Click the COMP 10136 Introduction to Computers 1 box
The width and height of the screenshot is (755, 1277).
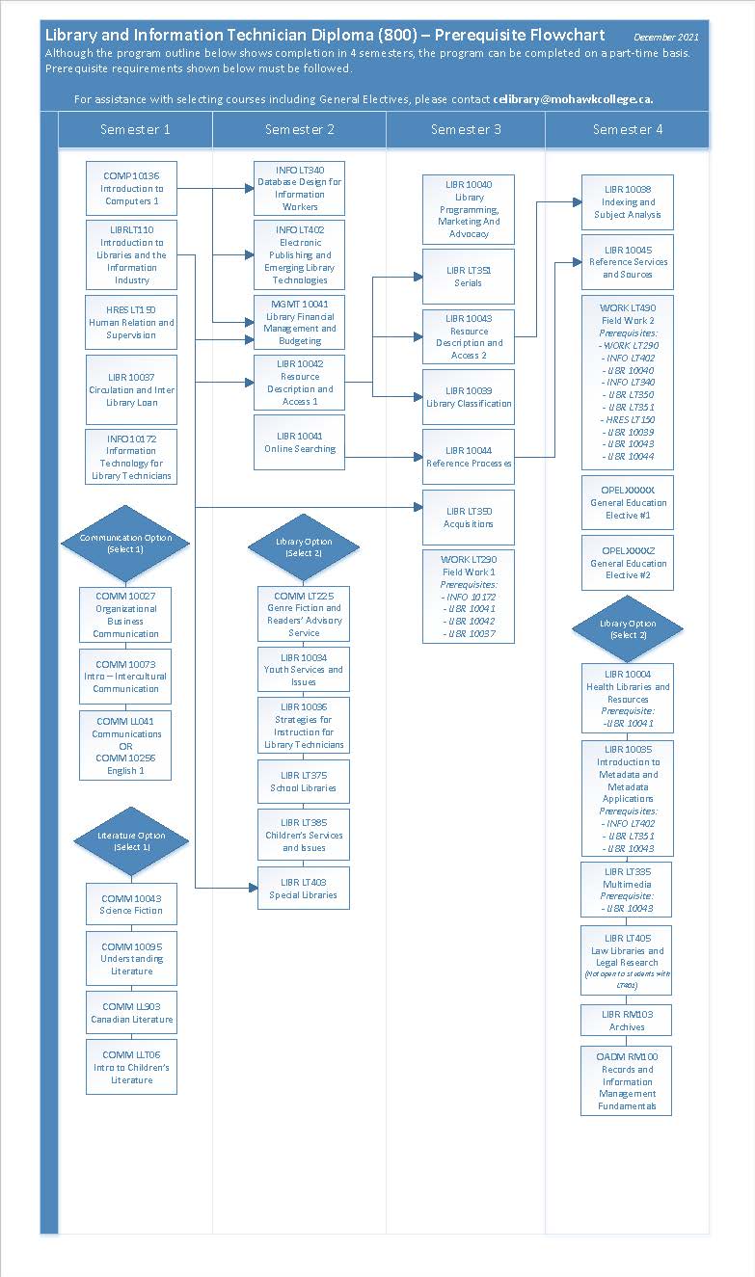(131, 189)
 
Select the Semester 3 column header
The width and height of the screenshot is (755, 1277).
(466, 129)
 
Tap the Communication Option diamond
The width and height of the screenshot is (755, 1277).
(125, 544)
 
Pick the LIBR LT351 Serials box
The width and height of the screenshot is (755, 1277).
(469, 277)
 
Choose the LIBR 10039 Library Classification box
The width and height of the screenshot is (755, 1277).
(469, 397)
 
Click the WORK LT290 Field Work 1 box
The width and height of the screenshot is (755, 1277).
(469, 597)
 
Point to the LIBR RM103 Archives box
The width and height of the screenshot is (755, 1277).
(627, 1021)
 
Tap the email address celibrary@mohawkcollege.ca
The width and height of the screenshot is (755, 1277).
(574, 99)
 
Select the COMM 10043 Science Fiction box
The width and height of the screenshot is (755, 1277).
(132, 904)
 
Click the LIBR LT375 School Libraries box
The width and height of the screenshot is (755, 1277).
(304, 782)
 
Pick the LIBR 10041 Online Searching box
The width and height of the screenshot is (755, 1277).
(299, 442)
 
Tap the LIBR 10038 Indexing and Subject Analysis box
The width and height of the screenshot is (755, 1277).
(628, 202)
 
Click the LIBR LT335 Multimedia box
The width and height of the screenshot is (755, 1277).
(627, 890)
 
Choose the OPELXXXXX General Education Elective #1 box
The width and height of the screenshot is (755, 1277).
(628, 502)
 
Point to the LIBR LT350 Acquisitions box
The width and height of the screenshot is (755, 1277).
(469, 518)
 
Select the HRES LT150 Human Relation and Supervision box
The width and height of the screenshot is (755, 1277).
(131, 323)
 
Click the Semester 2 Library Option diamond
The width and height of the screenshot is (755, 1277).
(304, 547)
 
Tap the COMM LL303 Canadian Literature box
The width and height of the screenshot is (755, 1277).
(132, 1013)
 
